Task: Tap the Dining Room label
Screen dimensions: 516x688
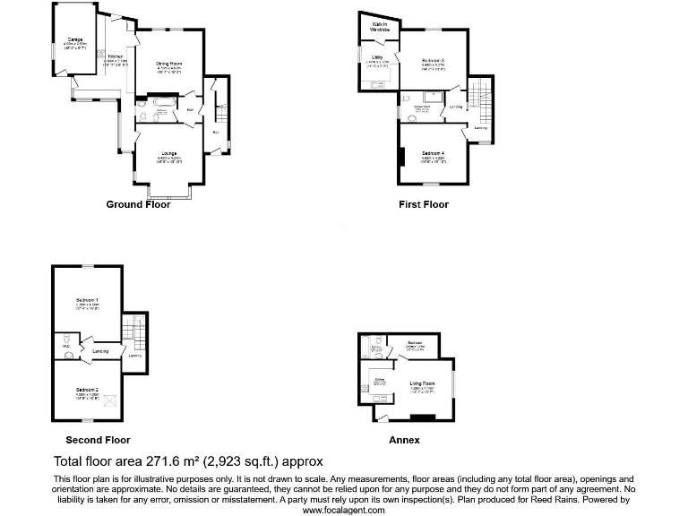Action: pyautogui.click(x=168, y=63)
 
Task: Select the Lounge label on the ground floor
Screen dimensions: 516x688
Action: pyautogui.click(x=168, y=153)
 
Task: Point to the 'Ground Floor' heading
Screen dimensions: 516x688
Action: pyautogui.click(x=138, y=204)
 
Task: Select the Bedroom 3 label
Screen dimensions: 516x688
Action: pyautogui.click(x=434, y=60)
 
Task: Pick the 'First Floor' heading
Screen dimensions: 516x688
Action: pyautogui.click(x=424, y=204)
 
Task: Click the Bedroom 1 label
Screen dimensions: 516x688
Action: pyautogui.click(x=87, y=300)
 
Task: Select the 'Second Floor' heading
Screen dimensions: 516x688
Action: pyautogui.click(x=98, y=440)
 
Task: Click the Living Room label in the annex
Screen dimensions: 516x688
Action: pyautogui.click(x=422, y=384)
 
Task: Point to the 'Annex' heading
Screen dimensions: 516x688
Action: pyautogui.click(x=404, y=440)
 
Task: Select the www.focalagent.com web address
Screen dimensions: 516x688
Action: pyautogui.click(x=343, y=510)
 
